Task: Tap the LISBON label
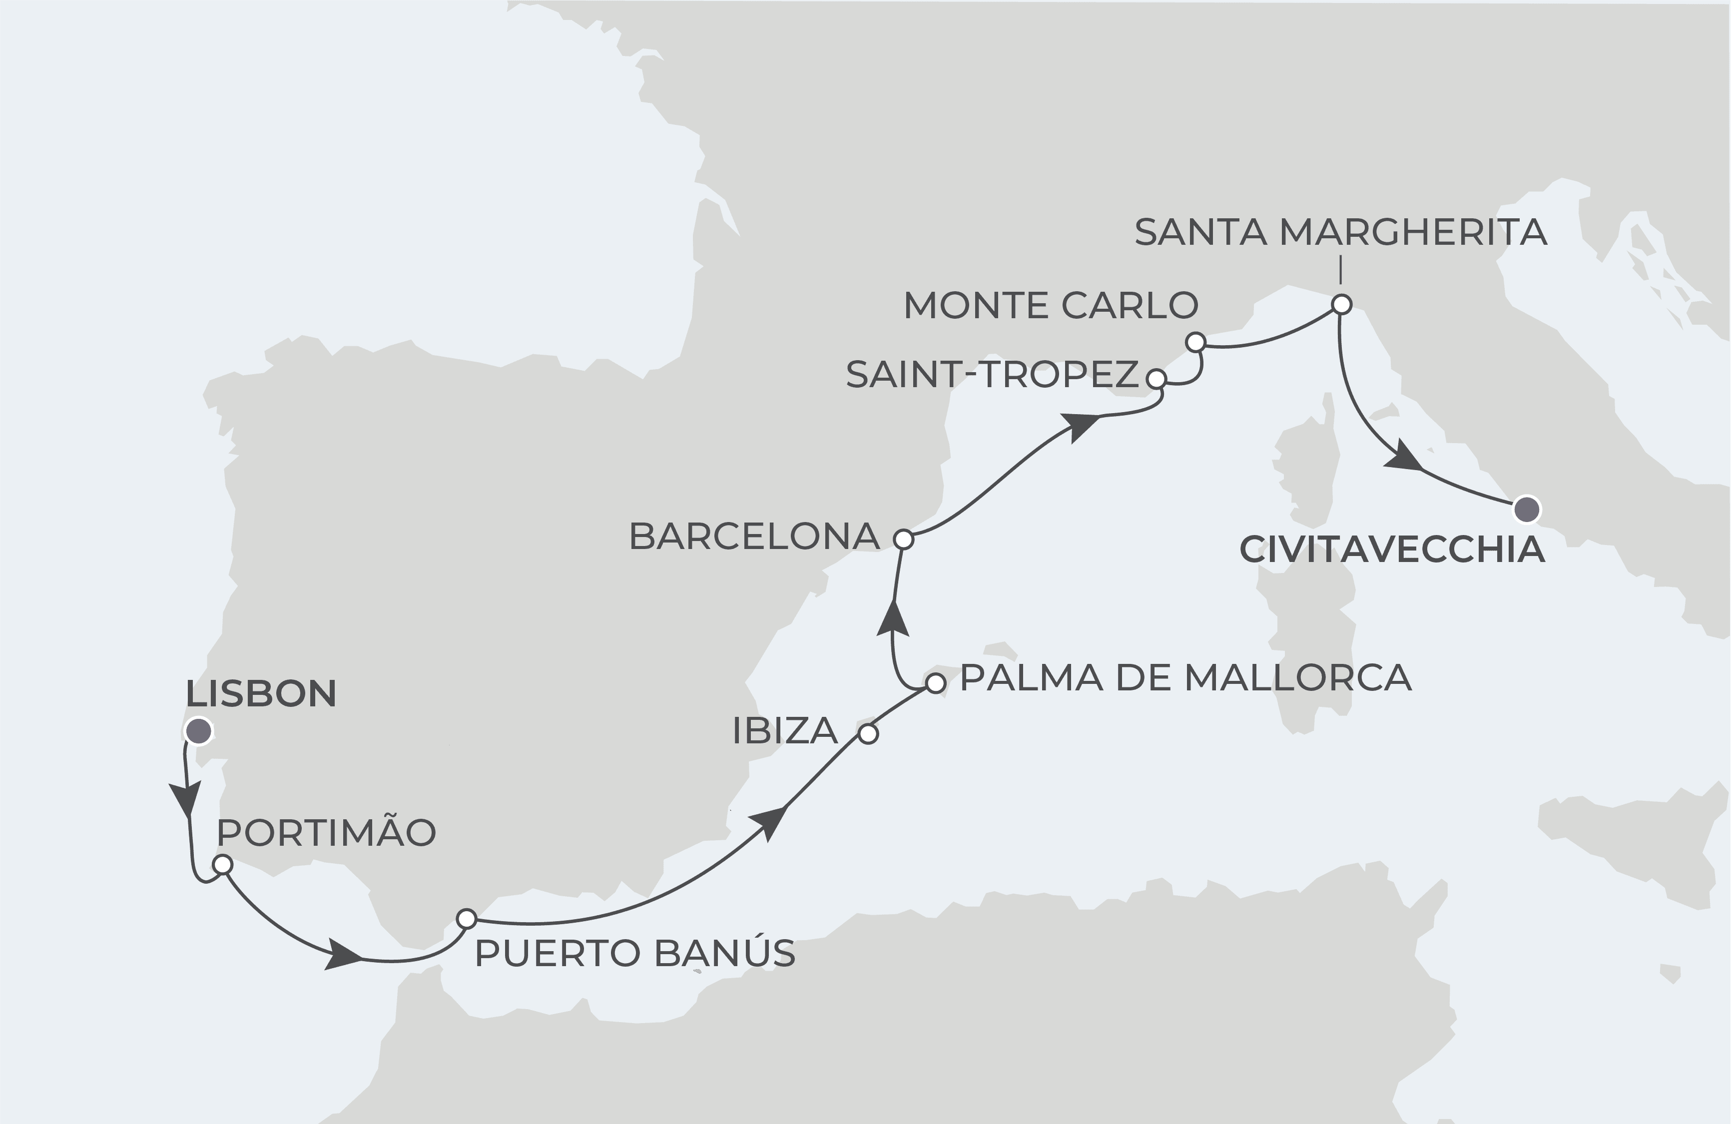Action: tap(261, 693)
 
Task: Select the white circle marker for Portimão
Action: tap(223, 864)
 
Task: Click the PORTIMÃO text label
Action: tap(326, 833)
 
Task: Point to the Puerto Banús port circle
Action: tap(467, 918)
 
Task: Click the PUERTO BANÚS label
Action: tap(634, 954)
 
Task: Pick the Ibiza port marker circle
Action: tap(868, 734)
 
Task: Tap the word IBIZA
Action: tap(785, 730)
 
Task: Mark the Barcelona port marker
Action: tap(903, 539)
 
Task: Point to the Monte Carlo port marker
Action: tap(1195, 342)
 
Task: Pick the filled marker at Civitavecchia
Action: tap(1527, 510)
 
